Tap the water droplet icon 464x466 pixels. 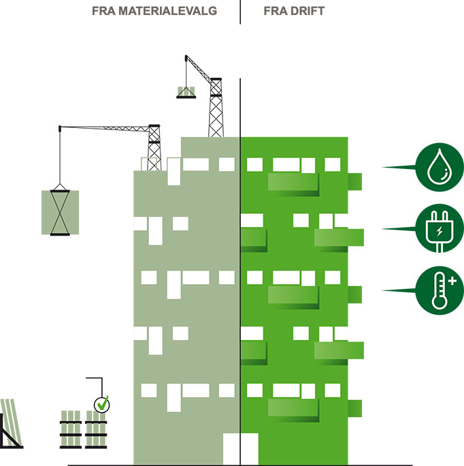pos(440,166)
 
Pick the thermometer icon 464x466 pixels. pos(440,290)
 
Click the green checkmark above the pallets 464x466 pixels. pos(102,404)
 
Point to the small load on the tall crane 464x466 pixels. pos(186,92)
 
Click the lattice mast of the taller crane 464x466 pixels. pos(216,109)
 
